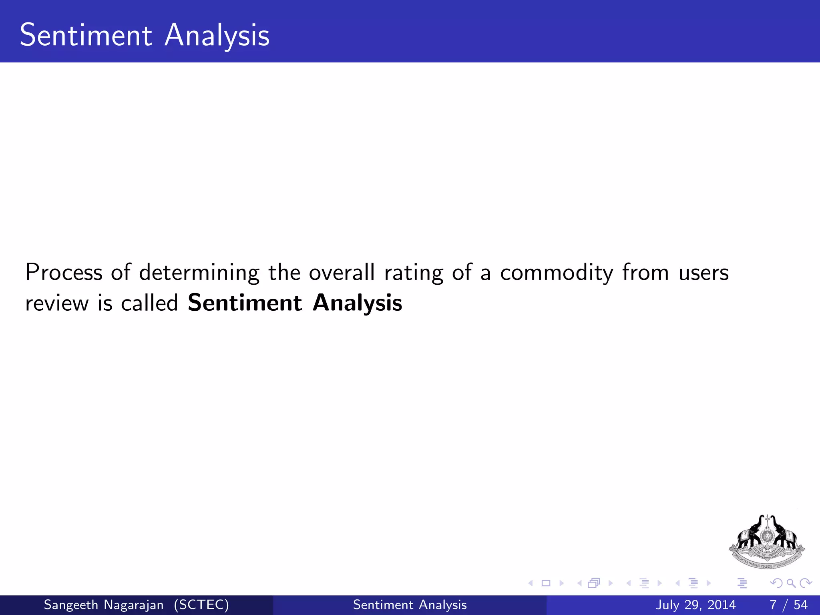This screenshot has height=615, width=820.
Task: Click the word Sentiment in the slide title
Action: point(86,35)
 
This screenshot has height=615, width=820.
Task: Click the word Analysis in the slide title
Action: point(217,36)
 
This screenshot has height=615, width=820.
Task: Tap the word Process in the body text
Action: point(64,272)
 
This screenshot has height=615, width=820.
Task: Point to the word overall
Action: point(342,272)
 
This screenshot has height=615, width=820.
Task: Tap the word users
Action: point(703,273)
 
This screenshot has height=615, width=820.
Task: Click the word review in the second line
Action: point(57,303)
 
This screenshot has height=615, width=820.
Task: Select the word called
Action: point(149,303)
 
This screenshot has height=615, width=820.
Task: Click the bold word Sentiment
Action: point(245,303)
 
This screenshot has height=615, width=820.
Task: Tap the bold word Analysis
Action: point(357,303)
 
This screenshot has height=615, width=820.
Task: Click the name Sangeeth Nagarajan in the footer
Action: point(104,605)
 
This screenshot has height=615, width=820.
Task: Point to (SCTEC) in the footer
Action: point(201,605)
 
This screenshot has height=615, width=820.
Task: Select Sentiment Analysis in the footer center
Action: point(410,605)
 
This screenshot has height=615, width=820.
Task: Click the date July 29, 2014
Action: point(695,605)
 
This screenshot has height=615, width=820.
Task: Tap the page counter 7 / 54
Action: point(788,605)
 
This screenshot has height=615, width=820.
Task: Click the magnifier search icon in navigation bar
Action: point(791,583)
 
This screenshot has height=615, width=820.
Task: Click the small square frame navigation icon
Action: point(546,583)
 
